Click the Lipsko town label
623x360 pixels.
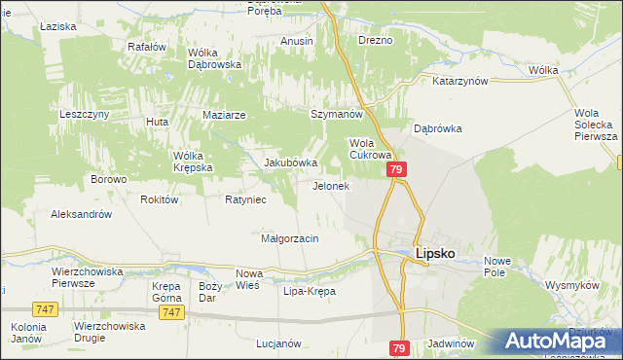click(435, 253)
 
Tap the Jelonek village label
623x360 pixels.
click(330, 186)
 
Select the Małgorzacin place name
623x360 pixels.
click(290, 237)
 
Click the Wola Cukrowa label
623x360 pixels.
click(370, 148)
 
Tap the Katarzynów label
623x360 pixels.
click(459, 82)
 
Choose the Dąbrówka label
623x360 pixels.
click(437, 127)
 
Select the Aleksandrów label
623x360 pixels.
click(82, 214)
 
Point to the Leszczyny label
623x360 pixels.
click(84, 114)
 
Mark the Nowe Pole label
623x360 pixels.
click(497, 266)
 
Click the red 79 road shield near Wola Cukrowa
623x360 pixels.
click(396, 170)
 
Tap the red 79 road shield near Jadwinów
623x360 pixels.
click(400, 347)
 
